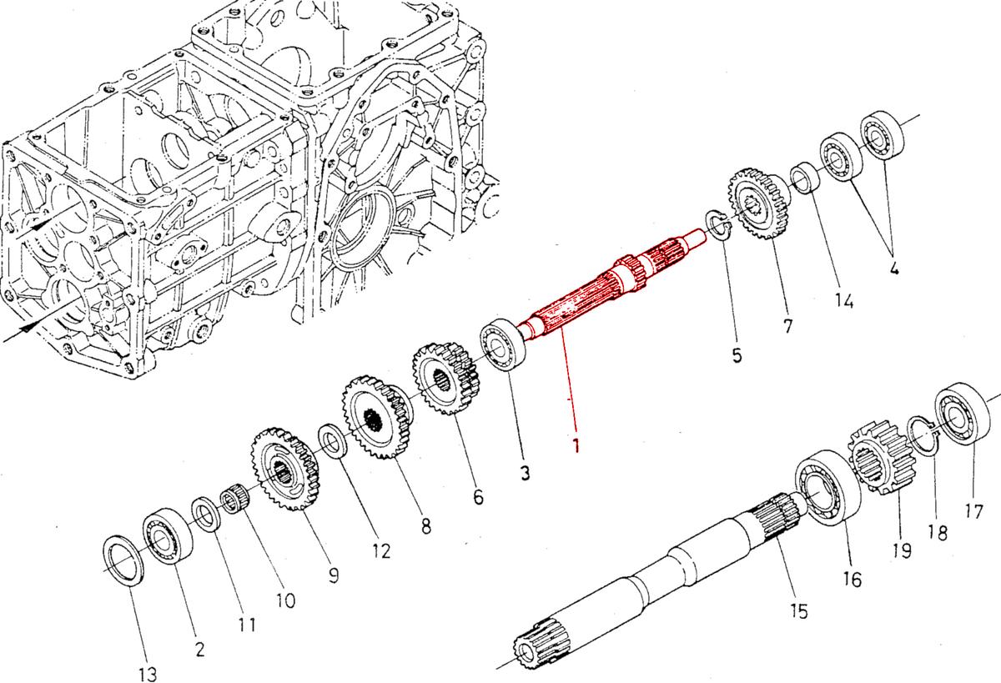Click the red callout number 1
pyautogui.click(x=576, y=443)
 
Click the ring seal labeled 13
pyautogui.click(x=125, y=561)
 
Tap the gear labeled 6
pyautogui.click(x=445, y=380)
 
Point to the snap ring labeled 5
pyautogui.click(x=718, y=224)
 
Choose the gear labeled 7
pyautogui.click(x=755, y=205)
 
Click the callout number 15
pyautogui.click(x=798, y=612)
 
